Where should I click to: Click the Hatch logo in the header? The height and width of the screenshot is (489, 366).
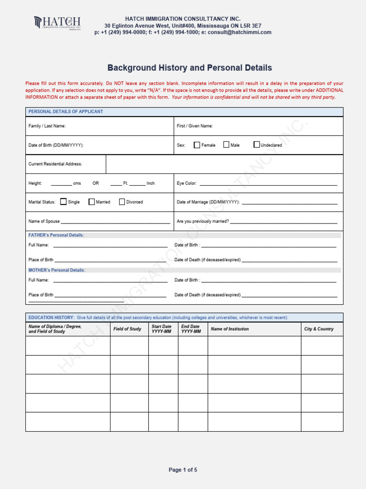pyautogui.click(x=57, y=23)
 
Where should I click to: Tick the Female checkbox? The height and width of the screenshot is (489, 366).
pyautogui.click(x=197, y=145)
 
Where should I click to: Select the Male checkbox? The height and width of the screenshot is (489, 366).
pyautogui.click(x=226, y=145)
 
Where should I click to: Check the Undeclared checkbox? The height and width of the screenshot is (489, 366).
pyautogui.click(x=257, y=145)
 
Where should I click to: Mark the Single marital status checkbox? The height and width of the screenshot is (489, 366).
pyautogui.click(x=63, y=202)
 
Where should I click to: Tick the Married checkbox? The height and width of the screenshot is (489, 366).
pyautogui.click(x=91, y=202)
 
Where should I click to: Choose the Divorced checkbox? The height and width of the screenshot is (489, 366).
pyautogui.click(x=122, y=202)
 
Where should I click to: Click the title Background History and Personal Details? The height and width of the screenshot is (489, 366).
pyautogui.click(x=189, y=68)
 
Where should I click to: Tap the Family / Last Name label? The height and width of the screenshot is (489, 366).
pyautogui.click(x=47, y=126)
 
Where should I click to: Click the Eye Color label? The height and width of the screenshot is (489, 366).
pyautogui.click(x=186, y=183)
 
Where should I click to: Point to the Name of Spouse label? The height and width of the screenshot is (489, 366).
pyautogui.click(x=44, y=222)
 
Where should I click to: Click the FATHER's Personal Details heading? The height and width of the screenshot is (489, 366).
pyautogui.click(x=56, y=235)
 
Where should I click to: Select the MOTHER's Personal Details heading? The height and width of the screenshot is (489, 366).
pyautogui.click(x=57, y=270)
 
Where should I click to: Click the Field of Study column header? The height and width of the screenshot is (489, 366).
pyautogui.click(x=127, y=329)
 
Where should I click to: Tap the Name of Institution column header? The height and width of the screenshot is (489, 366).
pyautogui.click(x=230, y=329)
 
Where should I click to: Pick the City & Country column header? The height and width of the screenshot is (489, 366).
pyautogui.click(x=319, y=329)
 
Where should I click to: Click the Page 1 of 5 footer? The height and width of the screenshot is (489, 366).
pyautogui.click(x=183, y=470)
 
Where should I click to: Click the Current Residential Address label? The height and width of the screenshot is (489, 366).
pyautogui.click(x=55, y=164)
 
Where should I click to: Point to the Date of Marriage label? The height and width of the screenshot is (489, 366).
pyautogui.click(x=208, y=202)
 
